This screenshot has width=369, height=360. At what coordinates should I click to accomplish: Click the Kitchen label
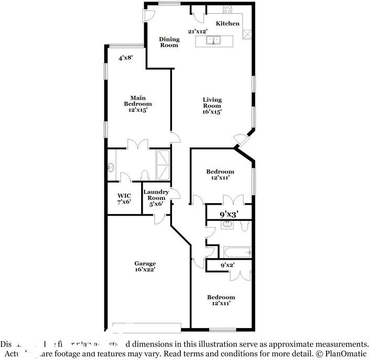228,24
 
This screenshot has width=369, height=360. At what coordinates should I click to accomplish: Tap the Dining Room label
169,42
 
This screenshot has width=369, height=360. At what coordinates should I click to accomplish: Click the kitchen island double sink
215,40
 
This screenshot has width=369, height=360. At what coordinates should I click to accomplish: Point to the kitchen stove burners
229,9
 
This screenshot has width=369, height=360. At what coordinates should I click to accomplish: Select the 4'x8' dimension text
125,58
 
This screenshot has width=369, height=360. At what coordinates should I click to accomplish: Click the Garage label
145,263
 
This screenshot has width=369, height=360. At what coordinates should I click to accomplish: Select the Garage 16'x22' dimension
145,270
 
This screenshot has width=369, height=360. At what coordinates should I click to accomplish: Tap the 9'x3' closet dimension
229,214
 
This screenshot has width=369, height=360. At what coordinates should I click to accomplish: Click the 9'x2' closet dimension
226,266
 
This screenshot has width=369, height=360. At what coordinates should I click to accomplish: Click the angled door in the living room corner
241,139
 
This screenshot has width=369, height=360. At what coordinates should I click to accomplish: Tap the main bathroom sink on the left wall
111,168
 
